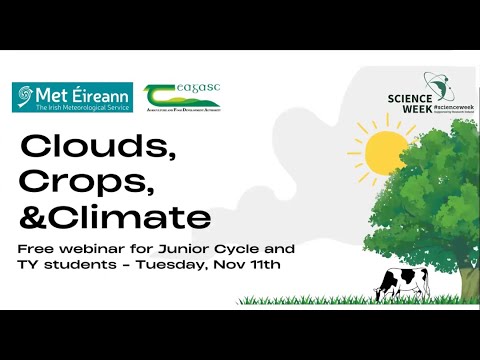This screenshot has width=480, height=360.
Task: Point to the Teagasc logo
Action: pos(182,96)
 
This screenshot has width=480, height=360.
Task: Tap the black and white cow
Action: pos(402,282)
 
